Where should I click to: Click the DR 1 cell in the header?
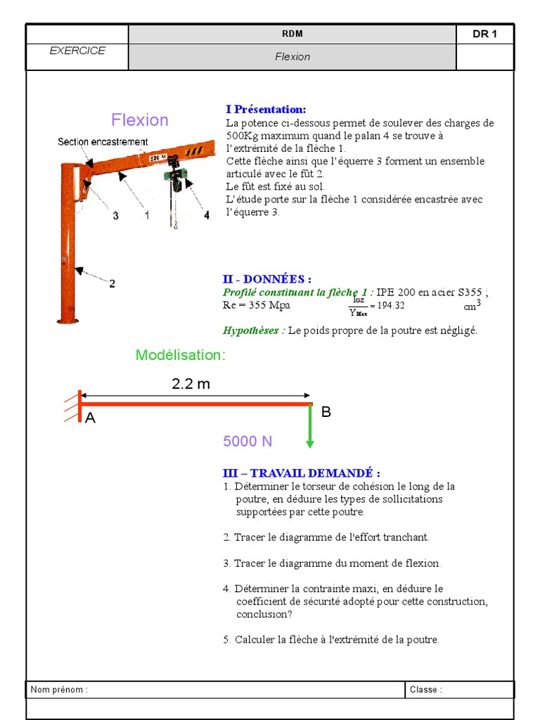[x=484, y=34]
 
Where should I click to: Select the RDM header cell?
[x=292, y=34]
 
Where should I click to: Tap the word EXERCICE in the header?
[x=77, y=51]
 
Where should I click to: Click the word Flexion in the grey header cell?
[x=292, y=57]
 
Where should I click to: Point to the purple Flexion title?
[x=140, y=120]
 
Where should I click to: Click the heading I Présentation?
[x=266, y=110]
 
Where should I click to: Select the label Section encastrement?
[x=103, y=142]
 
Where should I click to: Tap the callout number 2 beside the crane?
[x=112, y=283]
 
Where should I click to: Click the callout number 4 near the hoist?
[x=207, y=216]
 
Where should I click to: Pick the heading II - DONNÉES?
[x=267, y=280]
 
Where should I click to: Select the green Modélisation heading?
[x=181, y=355]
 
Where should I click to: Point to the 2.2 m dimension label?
[x=191, y=384]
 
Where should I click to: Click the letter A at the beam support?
[x=90, y=418]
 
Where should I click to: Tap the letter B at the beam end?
[x=326, y=413]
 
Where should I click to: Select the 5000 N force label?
[x=247, y=442]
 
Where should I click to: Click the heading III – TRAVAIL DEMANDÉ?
[x=301, y=473]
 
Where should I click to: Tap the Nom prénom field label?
[x=59, y=690]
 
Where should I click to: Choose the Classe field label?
[x=426, y=690]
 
